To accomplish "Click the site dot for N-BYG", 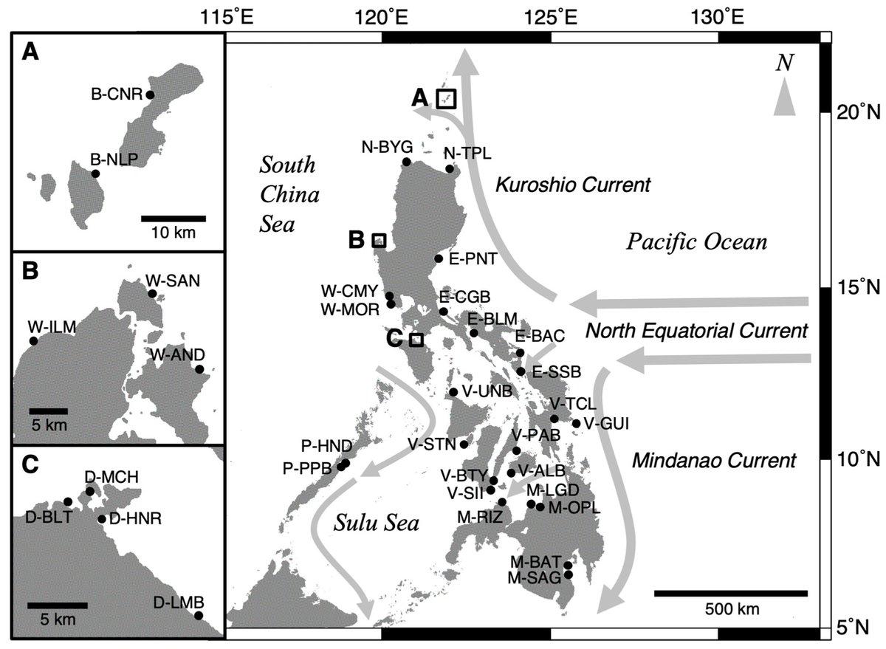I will (x=406, y=162).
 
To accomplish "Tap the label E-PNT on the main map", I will (x=472, y=258).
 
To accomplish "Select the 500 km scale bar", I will (x=730, y=593).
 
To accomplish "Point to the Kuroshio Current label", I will (x=573, y=185).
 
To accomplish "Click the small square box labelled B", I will (x=379, y=240).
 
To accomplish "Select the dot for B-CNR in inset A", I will (x=150, y=95).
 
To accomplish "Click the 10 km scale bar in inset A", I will (x=173, y=218).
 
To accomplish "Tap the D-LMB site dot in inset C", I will (x=198, y=615).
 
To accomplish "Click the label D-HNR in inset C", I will (x=134, y=519).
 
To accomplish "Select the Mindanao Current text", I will (x=715, y=462).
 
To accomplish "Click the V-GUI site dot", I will (x=577, y=423).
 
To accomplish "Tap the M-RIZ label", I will (x=481, y=517).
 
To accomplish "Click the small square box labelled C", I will (x=416, y=340).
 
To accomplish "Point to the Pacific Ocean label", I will (x=698, y=241).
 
